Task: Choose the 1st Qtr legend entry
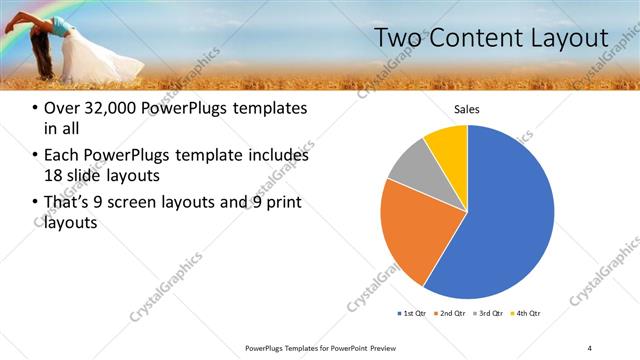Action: pyautogui.click(x=413, y=314)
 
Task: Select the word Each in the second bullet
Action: pyautogui.click(x=63, y=156)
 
